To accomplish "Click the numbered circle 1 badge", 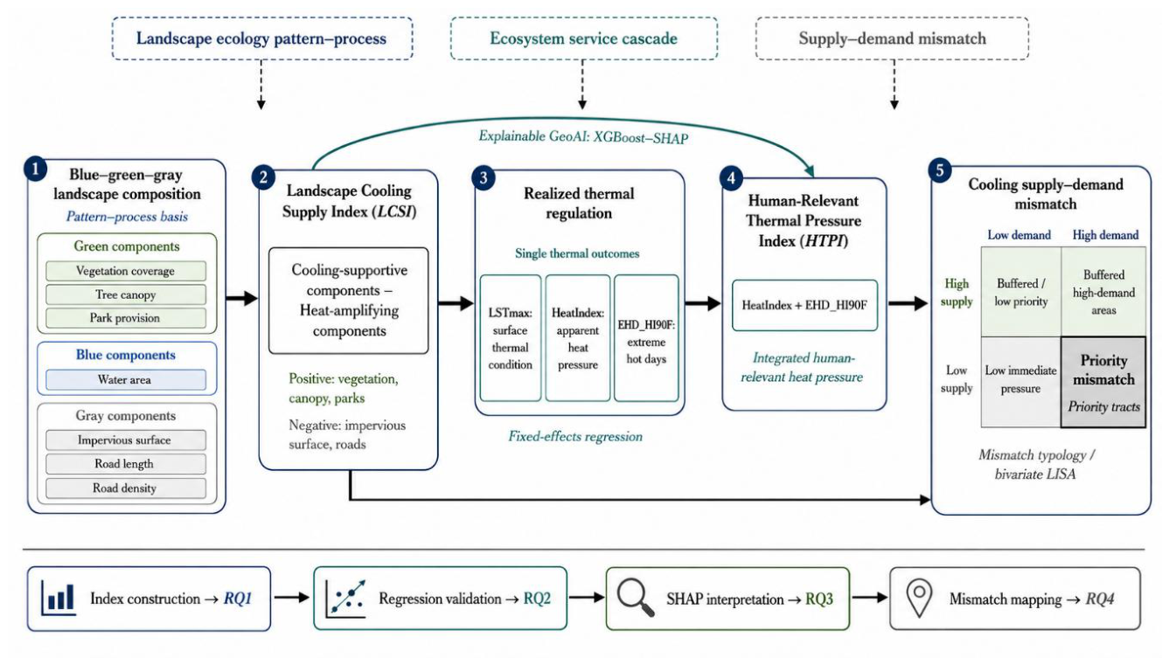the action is point(36,169).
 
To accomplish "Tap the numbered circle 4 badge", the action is point(731,178).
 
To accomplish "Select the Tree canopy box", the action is point(126,294).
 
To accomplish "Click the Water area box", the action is point(126,380).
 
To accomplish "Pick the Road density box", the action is point(126,488).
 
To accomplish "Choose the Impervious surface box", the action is point(126,440).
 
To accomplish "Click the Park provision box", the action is point(126,318).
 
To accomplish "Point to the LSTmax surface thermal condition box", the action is point(511,338).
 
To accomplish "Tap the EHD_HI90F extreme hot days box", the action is point(646,338).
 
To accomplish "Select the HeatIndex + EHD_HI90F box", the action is point(804,305).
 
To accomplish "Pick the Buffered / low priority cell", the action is point(1020,292).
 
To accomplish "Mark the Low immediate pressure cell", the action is point(1020,382).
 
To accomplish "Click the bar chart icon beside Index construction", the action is point(59,599).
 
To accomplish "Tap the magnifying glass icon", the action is point(635,599).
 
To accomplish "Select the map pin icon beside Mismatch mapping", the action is point(919,599).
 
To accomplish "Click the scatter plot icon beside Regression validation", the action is point(345,599).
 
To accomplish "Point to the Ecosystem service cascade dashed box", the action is point(584,38).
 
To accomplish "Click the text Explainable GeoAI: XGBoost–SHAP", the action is point(583,137).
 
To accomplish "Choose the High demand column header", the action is point(1105,235).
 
